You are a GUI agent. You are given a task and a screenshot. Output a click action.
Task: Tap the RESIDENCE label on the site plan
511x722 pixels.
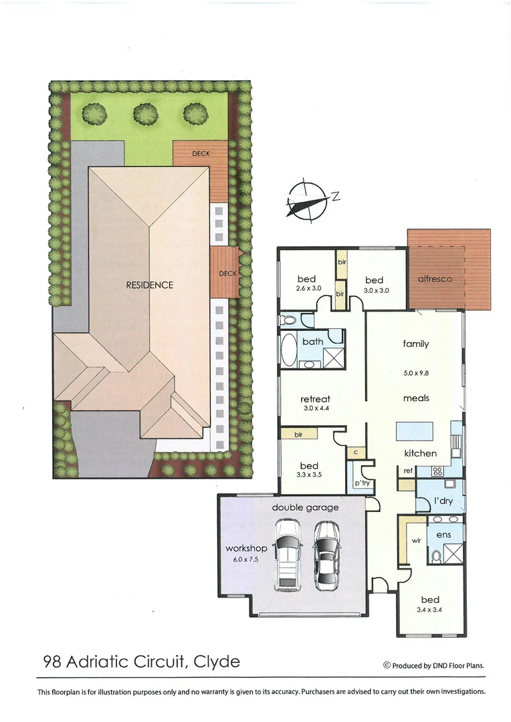[x=149, y=285]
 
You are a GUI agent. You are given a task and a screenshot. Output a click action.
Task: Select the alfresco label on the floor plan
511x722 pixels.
[x=435, y=279]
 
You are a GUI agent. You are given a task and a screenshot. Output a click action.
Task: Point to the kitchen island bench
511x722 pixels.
[x=414, y=431]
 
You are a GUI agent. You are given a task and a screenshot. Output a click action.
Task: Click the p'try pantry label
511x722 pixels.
[x=362, y=483]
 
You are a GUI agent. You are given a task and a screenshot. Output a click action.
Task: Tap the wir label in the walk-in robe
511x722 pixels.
[x=416, y=540]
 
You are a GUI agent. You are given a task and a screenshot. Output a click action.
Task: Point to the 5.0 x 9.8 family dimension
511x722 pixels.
[x=415, y=373]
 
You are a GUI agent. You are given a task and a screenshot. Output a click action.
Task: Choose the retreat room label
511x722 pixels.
[x=315, y=399]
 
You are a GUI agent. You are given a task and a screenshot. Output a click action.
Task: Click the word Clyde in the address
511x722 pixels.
[x=216, y=662]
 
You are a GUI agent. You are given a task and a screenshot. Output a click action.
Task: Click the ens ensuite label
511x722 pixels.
[x=443, y=535]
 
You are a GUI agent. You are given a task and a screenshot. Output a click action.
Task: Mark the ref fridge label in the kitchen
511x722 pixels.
[x=407, y=471]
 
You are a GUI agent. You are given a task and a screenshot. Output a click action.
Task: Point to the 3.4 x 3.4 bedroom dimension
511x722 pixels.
[x=430, y=610]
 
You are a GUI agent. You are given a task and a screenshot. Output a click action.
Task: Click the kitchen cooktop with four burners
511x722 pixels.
[x=438, y=471]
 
